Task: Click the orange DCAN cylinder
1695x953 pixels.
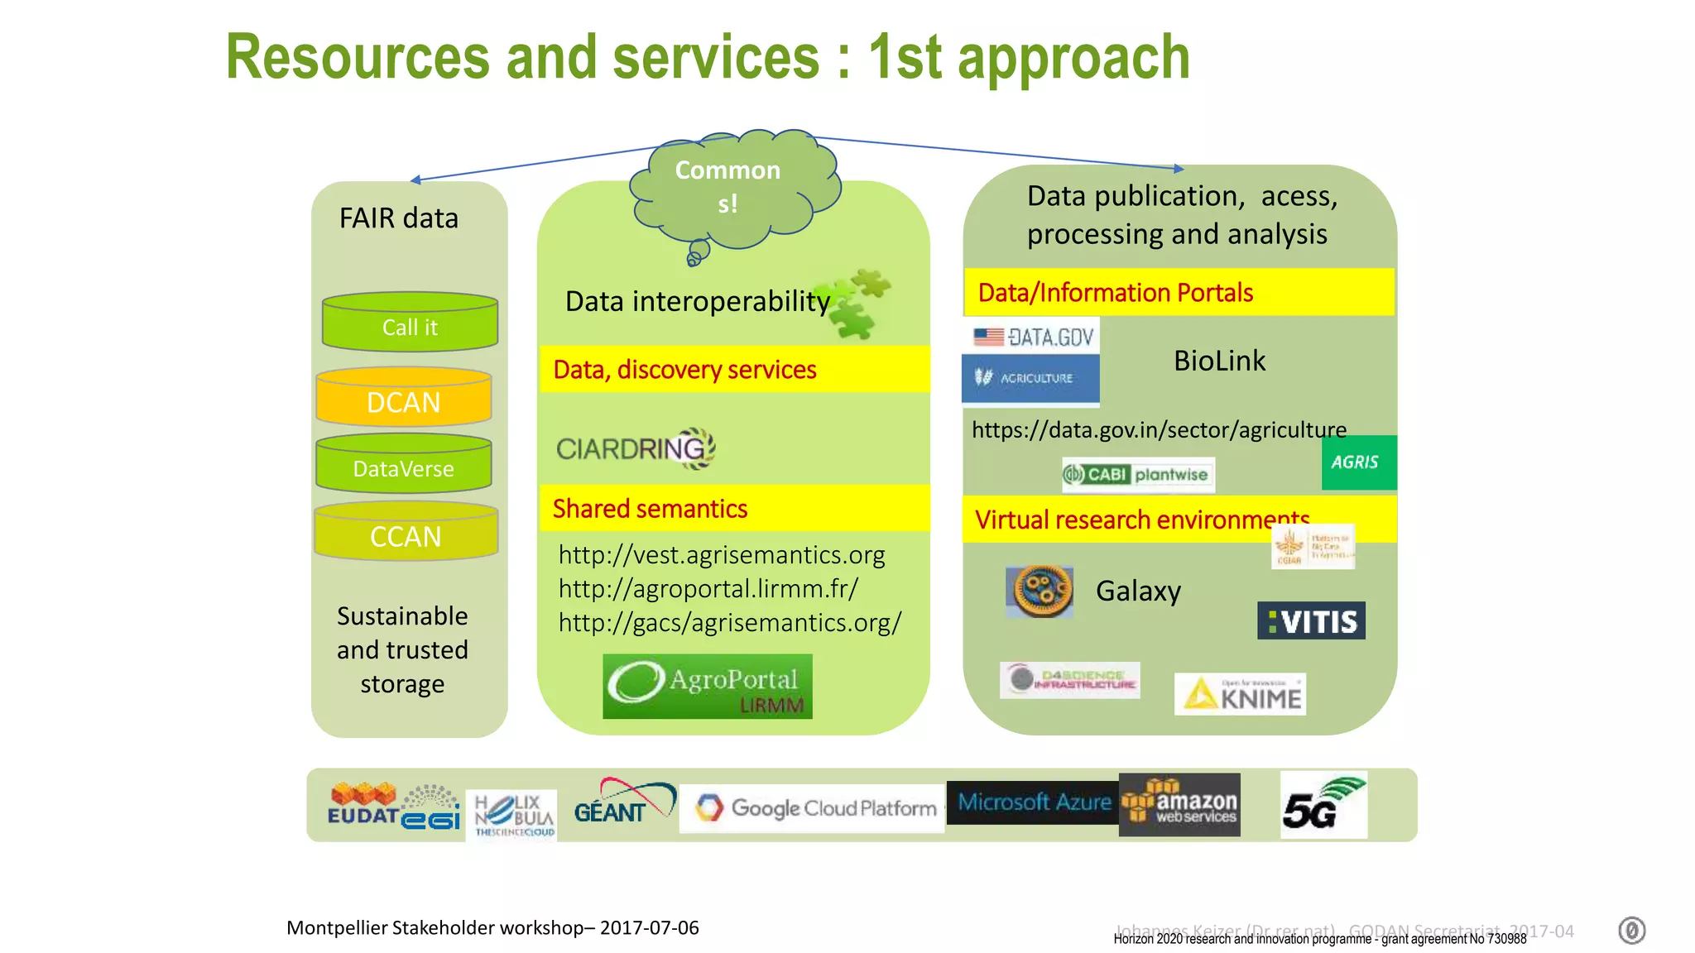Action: point(404,399)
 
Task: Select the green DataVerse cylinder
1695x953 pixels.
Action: point(404,466)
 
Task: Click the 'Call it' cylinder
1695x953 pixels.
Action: point(410,324)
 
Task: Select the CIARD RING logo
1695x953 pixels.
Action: point(635,448)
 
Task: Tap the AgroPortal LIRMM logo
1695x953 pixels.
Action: point(707,687)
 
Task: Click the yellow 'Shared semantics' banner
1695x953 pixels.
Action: point(733,508)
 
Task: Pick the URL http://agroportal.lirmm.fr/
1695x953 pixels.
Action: point(708,588)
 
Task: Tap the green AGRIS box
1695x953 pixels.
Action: point(1358,462)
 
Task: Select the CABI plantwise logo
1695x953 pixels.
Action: point(1138,475)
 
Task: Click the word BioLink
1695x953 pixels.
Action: point(1219,361)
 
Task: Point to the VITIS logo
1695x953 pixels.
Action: point(1311,620)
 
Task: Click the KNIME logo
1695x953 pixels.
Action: point(1240,694)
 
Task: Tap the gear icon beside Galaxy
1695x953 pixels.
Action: point(1040,591)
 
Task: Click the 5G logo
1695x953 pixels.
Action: point(1323,804)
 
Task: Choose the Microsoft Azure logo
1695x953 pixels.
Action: point(1033,802)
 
